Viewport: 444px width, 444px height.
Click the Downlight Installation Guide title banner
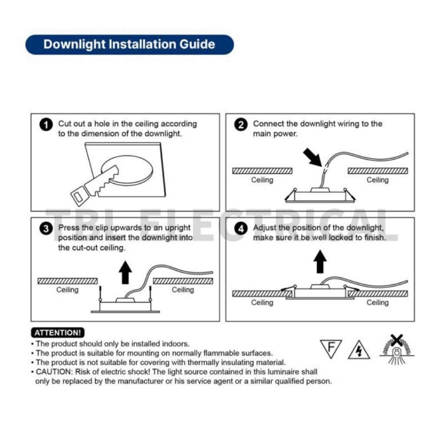[129, 45]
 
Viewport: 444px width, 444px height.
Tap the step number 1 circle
[46, 125]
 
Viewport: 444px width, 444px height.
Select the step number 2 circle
[241, 125]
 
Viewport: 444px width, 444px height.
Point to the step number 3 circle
[46, 229]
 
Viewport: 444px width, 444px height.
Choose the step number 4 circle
[241, 229]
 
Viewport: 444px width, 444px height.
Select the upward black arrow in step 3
[126, 272]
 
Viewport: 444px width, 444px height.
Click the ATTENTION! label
[58, 333]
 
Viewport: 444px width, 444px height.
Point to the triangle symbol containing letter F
[331, 349]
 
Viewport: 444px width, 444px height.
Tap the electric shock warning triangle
[359, 350]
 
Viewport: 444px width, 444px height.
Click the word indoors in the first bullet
[176, 344]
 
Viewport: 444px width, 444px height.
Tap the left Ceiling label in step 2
[262, 180]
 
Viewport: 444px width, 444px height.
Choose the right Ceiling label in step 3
[183, 290]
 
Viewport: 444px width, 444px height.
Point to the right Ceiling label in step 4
[378, 303]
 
